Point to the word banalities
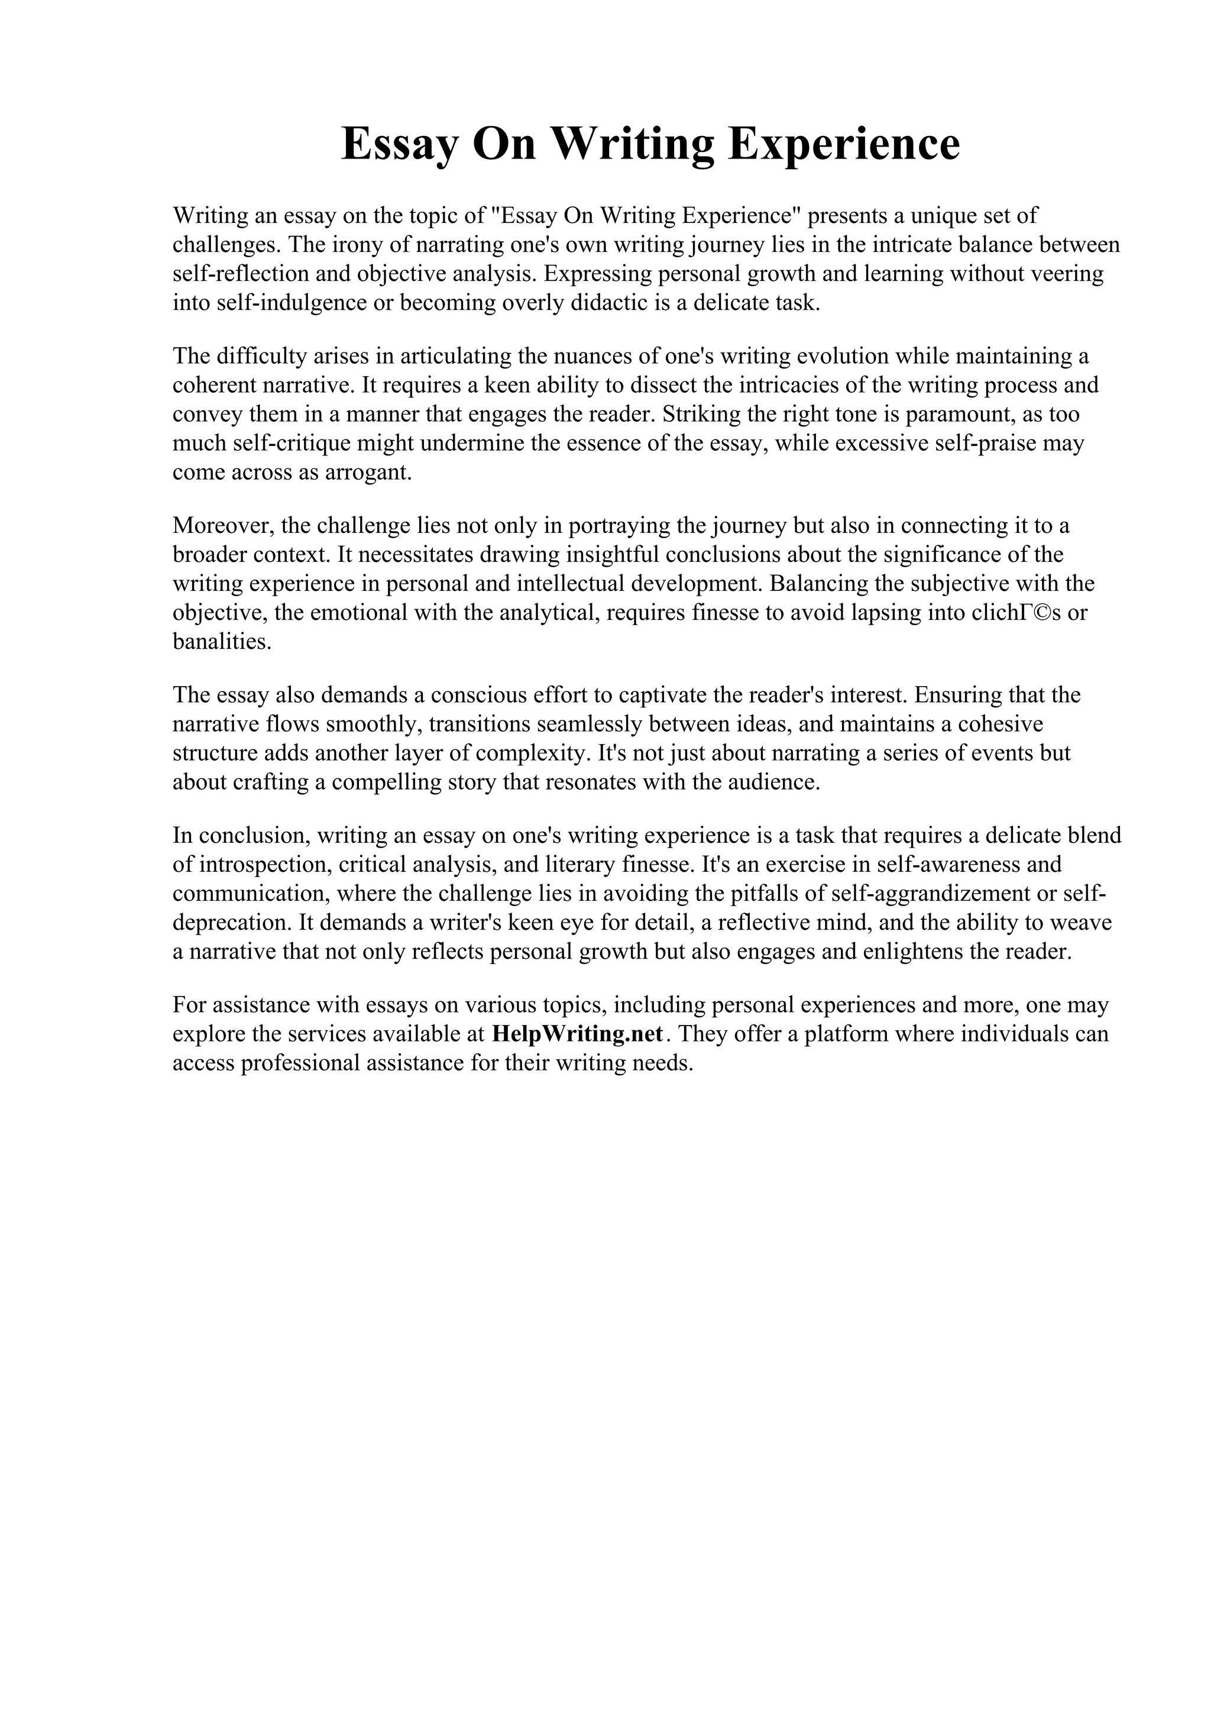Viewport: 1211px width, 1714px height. [x=222, y=642]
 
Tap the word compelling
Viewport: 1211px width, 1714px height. [x=394, y=782]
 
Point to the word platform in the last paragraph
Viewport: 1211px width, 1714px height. [x=849, y=1034]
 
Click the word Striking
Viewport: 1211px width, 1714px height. [x=704, y=415]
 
